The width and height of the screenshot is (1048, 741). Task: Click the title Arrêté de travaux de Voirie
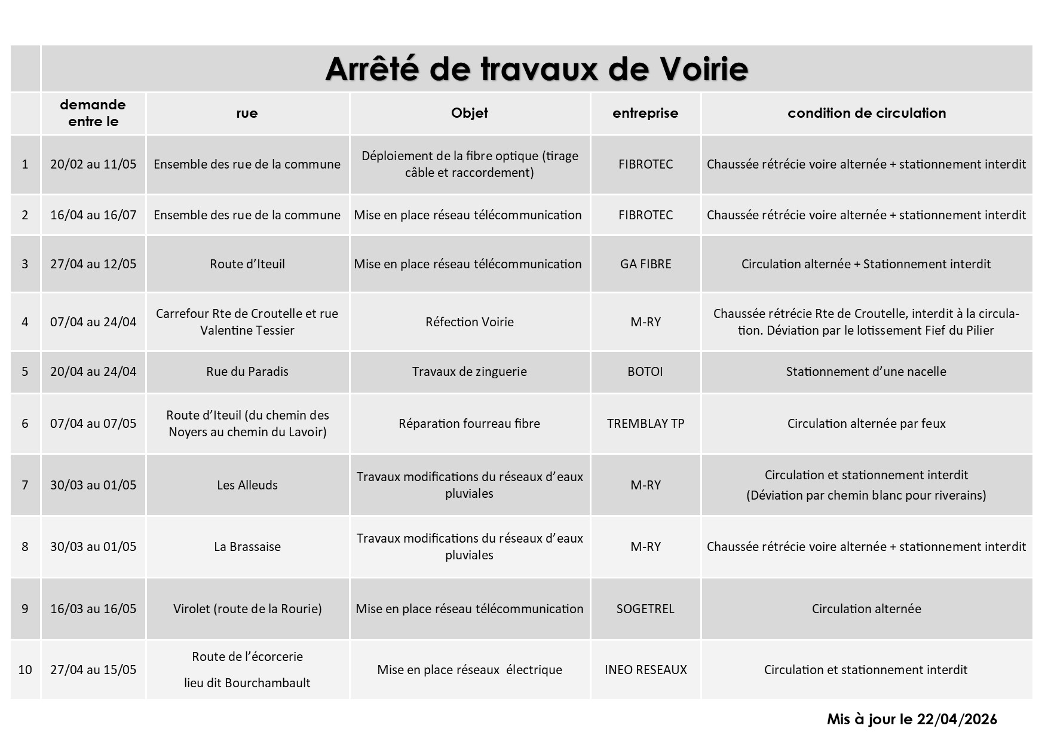[x=536, y=69]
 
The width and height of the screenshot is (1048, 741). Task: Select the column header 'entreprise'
[x=645, y=113]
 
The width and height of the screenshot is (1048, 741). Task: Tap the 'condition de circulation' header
[x=866, y=113]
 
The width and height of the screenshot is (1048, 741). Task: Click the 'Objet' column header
[x=470, y=113]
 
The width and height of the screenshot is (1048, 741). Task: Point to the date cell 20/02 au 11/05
[x=93, y=164]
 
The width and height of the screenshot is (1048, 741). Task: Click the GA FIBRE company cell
[x=645, y=264]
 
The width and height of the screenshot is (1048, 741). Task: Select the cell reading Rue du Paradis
[x=247, y=372]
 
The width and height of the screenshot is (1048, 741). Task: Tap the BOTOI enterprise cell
[x=645, y=372]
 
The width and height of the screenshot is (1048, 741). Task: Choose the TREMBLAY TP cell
[x=645, y=424]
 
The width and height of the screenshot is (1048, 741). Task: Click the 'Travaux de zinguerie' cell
[x=470, y=372]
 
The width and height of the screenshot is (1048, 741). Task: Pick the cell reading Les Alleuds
[x=247, y=485]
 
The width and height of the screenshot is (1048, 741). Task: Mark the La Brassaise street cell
[x=247, y=547]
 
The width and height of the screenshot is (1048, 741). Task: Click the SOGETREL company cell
[x=645, y=609]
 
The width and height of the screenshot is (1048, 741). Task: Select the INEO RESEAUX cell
[x=645, y=670]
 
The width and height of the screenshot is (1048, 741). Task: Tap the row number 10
[x=25, y=670]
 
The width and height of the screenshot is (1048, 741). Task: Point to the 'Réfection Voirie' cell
[x=470, y=322]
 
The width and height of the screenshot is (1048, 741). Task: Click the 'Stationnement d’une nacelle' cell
[x=866, y=372]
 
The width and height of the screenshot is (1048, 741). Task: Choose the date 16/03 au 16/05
[x=93, y=609]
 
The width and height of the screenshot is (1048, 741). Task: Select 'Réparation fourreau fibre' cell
[x=470, y=424]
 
